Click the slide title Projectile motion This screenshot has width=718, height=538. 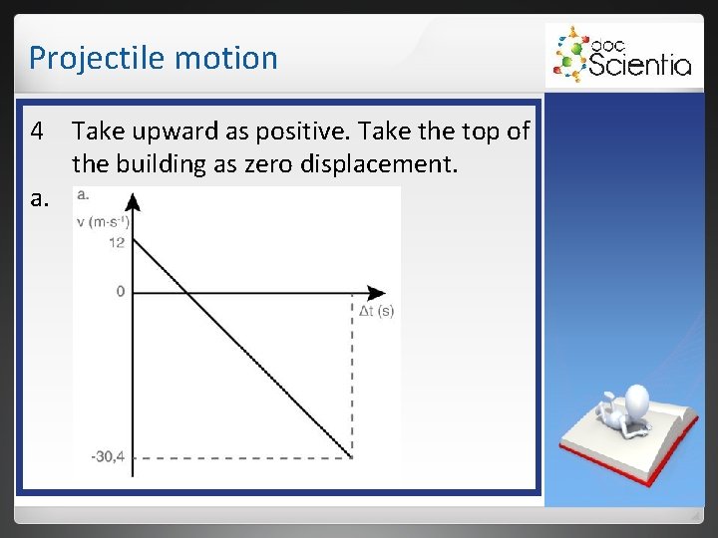pos(153,58)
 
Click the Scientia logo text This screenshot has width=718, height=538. pos(639,65)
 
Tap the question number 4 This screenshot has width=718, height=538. pos(37,131)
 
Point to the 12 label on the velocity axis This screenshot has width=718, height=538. pos(119,242)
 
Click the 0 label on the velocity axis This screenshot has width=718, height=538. pos(121,292)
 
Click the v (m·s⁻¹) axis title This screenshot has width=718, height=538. pos(103,221)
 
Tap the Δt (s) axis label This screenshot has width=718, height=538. pos(376,311)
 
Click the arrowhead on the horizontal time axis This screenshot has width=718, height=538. pos(376,293)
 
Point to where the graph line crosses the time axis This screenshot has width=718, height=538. pos(186,293)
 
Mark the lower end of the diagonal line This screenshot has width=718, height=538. pos(352,457)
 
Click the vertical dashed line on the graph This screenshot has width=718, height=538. pos(353,379)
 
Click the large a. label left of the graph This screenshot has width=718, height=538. pos(39,198)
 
